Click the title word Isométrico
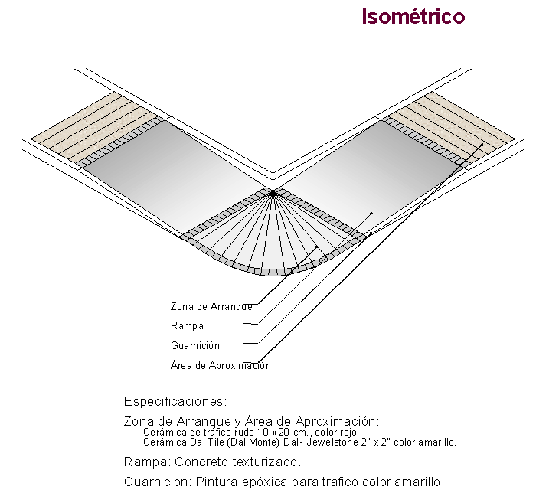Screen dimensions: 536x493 413,16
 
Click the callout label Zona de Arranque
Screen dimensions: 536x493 211,306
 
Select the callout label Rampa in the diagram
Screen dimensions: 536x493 187,326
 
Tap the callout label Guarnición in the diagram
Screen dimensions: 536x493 195,345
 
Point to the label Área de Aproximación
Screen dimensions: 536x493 221,365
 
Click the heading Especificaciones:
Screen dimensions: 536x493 175,401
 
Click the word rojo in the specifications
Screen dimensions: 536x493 349,433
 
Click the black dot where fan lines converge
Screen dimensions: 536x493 273,194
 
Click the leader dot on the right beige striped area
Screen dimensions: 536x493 482,145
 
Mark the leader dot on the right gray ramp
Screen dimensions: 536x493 371,213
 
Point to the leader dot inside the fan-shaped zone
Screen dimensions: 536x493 317,246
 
